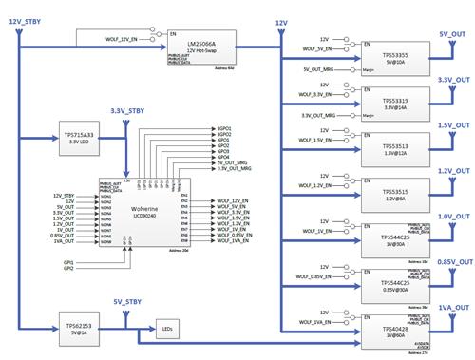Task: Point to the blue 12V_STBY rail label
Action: (25, 21)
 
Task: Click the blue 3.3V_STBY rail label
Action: (128, 111)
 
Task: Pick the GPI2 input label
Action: (68, 269)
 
